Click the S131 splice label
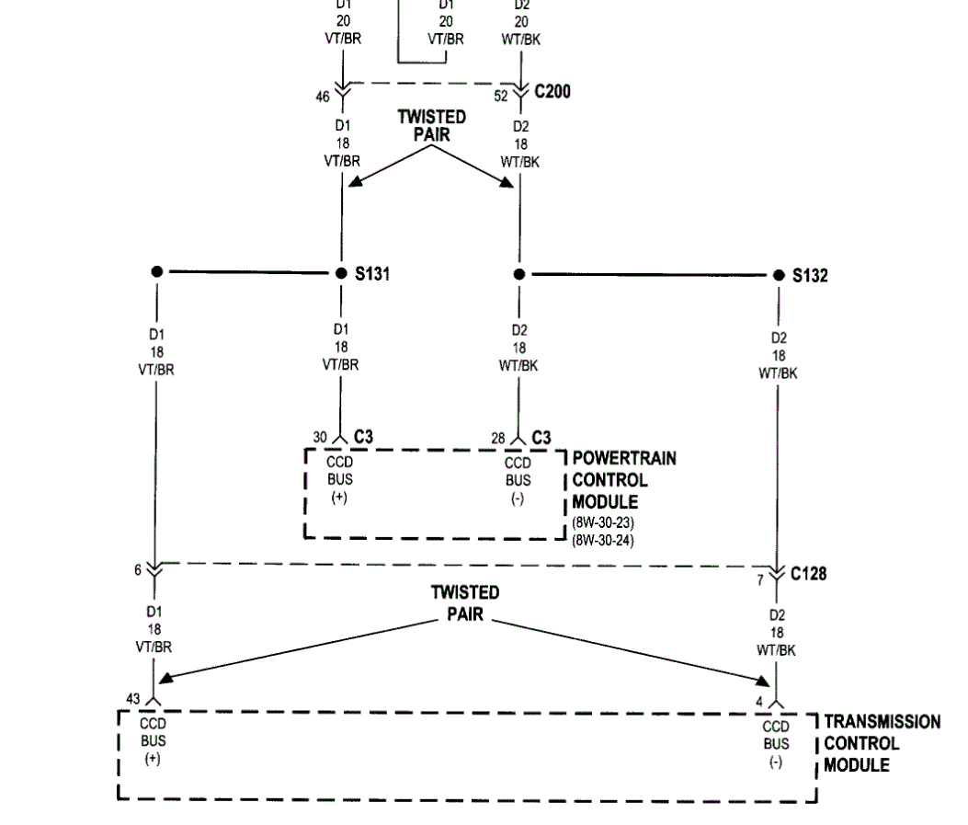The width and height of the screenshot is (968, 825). click(x=372, y=273)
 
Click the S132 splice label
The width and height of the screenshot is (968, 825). click(x=810, y=275)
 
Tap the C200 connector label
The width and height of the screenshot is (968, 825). click(x=552, y=92)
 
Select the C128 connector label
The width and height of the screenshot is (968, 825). click(x=808, y=574)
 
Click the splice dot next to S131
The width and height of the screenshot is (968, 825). click(x=341, y=273)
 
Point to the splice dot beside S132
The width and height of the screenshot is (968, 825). click(x=779, y=275)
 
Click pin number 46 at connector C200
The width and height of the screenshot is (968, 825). click(x=322, y=95)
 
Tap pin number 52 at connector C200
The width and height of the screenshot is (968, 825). click(x=501, y=95)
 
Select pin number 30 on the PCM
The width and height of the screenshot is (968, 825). click(x=319, y=438)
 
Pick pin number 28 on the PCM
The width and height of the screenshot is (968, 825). click(x=497, y=439)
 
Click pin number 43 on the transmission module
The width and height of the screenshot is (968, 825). click(x=133, y=699)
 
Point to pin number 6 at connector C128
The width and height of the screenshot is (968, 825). click(x=138, y=569)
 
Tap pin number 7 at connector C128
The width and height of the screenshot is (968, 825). click(x=760, y=579)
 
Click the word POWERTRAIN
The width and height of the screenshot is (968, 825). click(x=624, y=458)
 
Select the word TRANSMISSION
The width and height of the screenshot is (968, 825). click(x=882, y=722)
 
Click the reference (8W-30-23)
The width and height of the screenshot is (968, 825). click(x=602, y=523)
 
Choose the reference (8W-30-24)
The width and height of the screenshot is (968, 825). click(x=602, y=539)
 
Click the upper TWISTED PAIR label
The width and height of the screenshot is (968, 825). click(x=431, y=125)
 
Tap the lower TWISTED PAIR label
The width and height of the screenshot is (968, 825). click(x=465, y=602)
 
